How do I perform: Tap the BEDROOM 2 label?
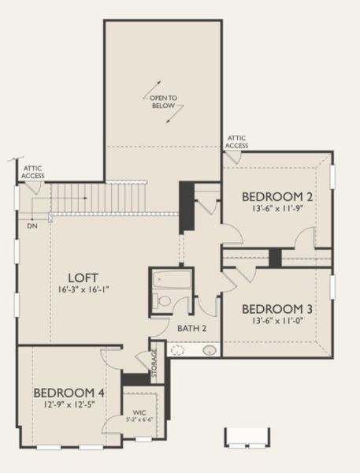pyautogui.click(x=276, y=196)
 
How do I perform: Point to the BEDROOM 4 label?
pyautogui.click(x=69, y=392)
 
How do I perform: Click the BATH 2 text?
pyautogui.click(x=191, y=327)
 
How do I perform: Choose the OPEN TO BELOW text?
pyautogui.click(x=164, y=102)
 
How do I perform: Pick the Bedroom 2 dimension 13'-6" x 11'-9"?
pyautogui.click(x=276, y=208)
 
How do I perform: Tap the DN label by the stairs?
pyautogui.click(x=32, y=225)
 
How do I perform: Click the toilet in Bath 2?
pyautogui.click(x=161, y=300)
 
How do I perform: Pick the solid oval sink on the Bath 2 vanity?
pyautogui.click(x=210, y=350)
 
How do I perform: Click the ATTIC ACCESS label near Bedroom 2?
pyautogui.click(x=237, y=141)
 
